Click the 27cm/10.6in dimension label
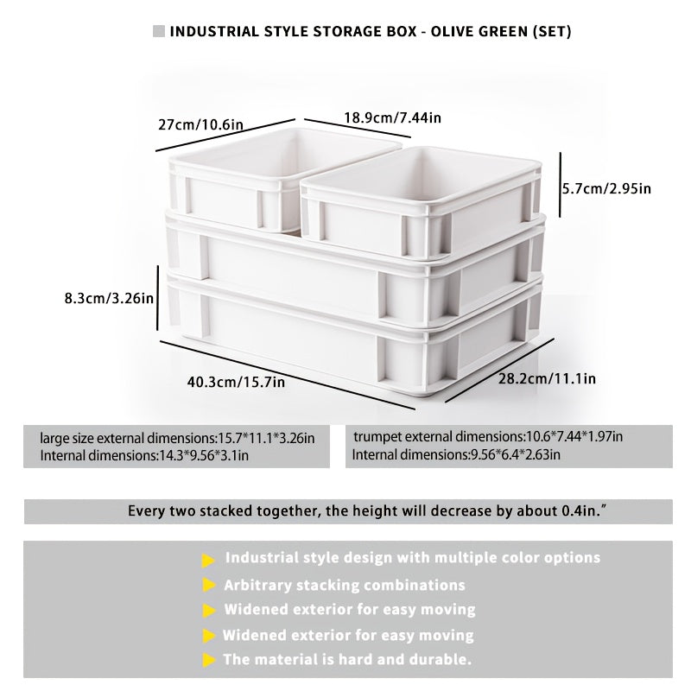click(200, 124)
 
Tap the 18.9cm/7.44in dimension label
click(392, 117)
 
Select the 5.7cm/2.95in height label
click(606, 188)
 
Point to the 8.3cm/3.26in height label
click(109, 298)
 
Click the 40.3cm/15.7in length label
click(236, 382)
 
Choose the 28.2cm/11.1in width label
click(547, 378)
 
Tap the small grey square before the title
click(159, 31)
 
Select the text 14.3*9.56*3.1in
click(203, 455)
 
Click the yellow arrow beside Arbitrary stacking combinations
click(209, 586)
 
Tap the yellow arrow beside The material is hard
click(209, 660)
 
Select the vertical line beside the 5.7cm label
click(560, 185)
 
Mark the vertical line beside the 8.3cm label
click(157, 298)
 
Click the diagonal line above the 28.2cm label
click(499, 371)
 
